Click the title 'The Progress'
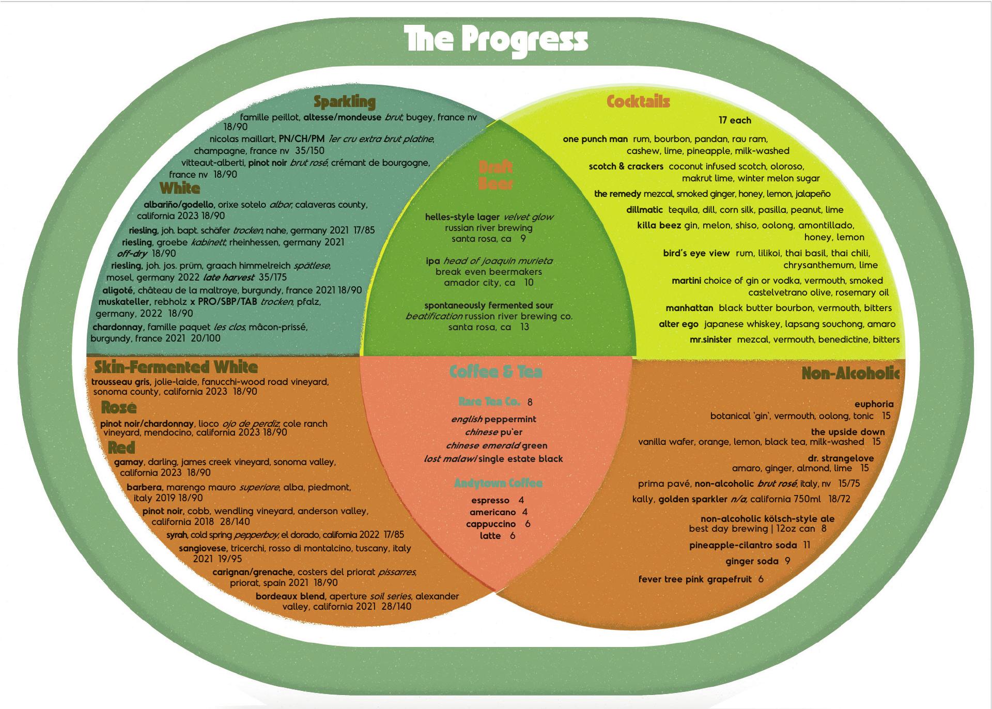coord(496,39)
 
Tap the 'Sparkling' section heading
coord(345,102)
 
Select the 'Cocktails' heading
coord(638,101)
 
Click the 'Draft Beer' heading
coord(495,175)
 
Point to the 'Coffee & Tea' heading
coord(496,372)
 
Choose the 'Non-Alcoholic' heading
coord(850,373)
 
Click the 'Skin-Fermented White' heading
coord(176,367)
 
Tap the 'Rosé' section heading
coord(119,407)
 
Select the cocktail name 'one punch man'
coord(595,139)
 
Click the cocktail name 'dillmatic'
coord(644,210)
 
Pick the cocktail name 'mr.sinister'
coord(710,340)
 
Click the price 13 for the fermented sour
coord(524,327)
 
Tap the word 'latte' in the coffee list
coord(490,536)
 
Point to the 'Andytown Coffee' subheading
coord(498,483)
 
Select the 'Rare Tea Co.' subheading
coord(489,402)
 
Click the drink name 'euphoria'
coord(874,404)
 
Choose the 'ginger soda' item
coord(752,561)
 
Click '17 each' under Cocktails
coord(735,120)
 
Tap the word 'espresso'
coord(490,500)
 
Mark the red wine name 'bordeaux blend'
coord(291,596)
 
